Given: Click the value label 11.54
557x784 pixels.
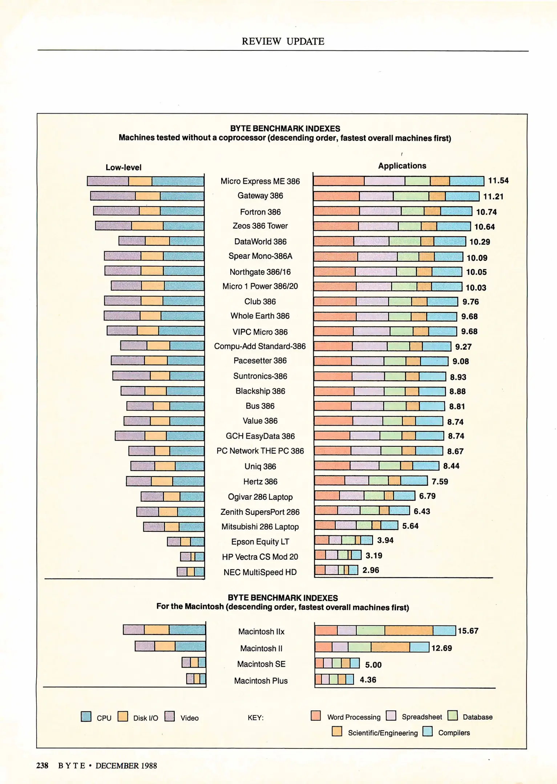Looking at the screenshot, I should pyautogui.click(x=498, y=181).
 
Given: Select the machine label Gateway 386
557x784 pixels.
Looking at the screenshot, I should pyautogui.click(x=260, y=196).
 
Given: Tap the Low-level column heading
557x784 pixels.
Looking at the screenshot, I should pyautogui.click(x=123, y=167).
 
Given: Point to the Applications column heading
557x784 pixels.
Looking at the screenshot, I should pyautogui.click(x=402, y=166).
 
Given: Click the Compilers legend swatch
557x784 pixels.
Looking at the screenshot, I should pyautogui.click(x=428, y=731).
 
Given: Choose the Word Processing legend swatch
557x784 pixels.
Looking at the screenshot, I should pyautogui.click(x=316, y=715).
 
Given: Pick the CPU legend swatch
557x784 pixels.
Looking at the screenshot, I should pyautogui.click(x=86, y=716).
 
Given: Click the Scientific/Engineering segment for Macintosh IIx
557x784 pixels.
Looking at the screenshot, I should pyautogui.click(x=408, y=630).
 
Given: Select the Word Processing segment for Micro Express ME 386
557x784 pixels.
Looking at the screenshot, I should pyautogui.click(x=339, y=181).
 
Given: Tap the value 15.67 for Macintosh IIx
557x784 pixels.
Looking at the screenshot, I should pyautogui.click(x=468, y=631).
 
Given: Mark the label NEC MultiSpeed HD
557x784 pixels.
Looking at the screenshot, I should pyautogui.click(x=260, y=572).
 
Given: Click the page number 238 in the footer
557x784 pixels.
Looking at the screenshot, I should pyautogui.click(x=42, y=765).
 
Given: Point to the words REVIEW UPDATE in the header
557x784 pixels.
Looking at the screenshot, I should pyautogui.click(x=283, y=41).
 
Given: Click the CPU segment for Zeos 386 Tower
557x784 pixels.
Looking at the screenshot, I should pyautogui.click(x=183, y=226).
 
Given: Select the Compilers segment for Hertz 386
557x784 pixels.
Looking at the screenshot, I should pyautogui.click(x=414, y=481).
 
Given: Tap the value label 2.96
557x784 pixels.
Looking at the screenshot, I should pyautogui.click(x=371, y=570).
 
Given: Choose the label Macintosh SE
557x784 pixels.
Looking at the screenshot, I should pyautogui.click(x=261, y=664).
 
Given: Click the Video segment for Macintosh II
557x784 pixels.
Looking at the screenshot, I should pyautogui.click(x=145, y=646).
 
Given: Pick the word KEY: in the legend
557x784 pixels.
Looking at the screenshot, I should pyautogui.click(x=255, y=718).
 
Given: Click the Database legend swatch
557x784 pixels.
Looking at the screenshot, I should pyautogui.click(x=453, y=715).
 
